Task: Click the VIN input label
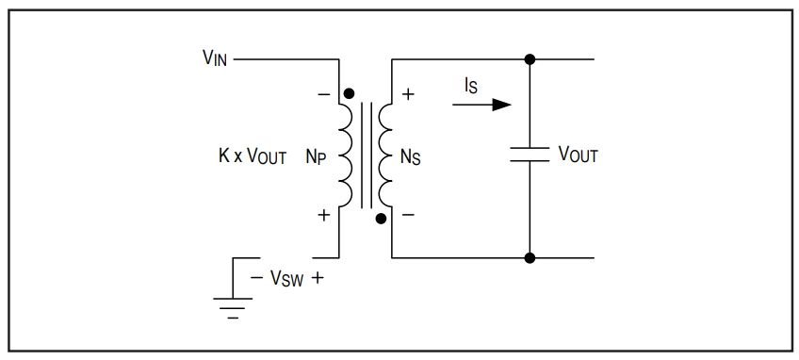tap(215, 58)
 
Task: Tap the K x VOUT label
tap(253, 156)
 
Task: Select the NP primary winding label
tap(316, 156)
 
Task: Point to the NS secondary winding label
tap(411, 156)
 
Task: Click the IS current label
tap(471, 86)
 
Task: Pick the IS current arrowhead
tap(501, 105)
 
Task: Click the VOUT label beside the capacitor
tap(578, 154)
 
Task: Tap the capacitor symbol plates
tap(530, 154)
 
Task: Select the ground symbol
tap(233, 307)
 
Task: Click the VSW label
tap(286, 278)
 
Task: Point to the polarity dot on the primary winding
tap(349, 93)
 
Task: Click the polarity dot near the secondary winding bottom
tap(381, 219)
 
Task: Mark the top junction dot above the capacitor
tap(530, 59)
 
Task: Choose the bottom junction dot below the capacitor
tap(530, 258)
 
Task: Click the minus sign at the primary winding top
tap(323, 94)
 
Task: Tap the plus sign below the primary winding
tap(323, 215)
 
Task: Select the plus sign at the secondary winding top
tap(408, 94)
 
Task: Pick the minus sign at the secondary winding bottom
tap(408, 215)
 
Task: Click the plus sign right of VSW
tap(317, 278)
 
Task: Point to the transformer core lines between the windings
tap(367, 155)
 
